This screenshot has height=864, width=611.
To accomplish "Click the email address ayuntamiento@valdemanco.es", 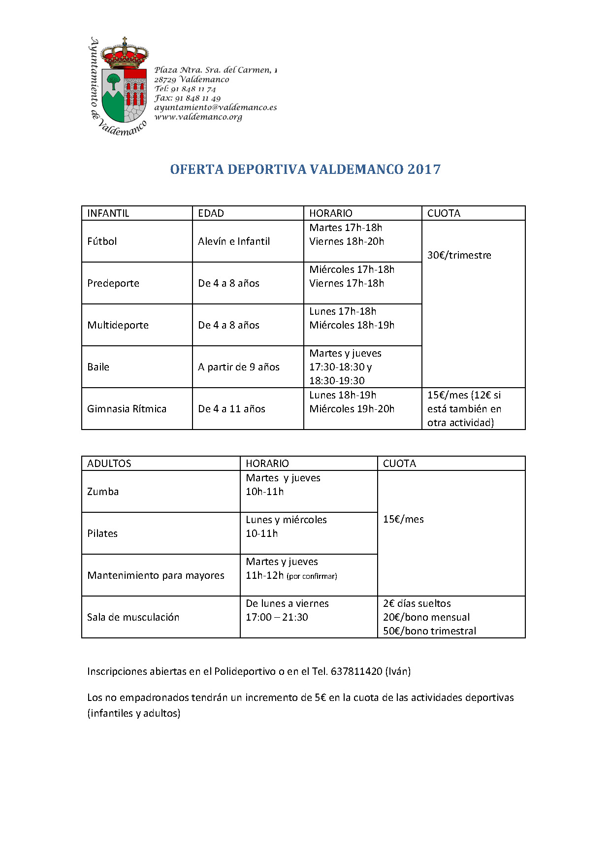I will click(x=215, y=107).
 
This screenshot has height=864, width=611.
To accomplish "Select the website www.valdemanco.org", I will click(x=198, y=117).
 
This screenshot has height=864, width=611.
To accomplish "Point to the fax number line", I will click(x=187, y=98).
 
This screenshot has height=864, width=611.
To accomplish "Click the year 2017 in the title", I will click(x=424, y=169).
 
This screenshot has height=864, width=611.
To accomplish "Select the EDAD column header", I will click(x=211, y=213).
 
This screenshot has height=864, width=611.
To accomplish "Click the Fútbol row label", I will click(x=102, y=241).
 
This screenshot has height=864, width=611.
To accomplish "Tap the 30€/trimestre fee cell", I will click(x=459, y=255).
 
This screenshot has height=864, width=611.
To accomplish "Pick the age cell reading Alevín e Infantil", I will click(x=234, y=241).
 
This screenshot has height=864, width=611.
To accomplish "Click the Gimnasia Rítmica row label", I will click(x=127, y=409).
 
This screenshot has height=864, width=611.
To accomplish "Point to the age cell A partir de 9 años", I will click(x=238, y=367).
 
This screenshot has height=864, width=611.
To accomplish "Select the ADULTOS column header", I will click(x=109, y=464).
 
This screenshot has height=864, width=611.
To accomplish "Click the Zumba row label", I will click(x=103, y=492).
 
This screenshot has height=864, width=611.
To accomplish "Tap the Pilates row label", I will click(x=102, y=533).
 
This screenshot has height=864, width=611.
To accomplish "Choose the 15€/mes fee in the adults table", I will click(x=403, y=519).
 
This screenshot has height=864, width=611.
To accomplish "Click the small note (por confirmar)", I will click(x=312, y=576).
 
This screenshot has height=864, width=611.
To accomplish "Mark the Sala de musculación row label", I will click(x=133, y=617).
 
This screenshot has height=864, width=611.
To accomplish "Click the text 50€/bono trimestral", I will click(x=429, y=631).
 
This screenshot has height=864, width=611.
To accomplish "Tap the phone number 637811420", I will click(x=356, y=671).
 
